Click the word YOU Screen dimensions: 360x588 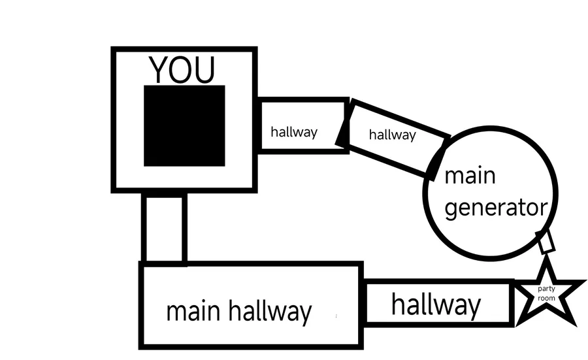pos(182,70)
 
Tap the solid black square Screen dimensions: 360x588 pos(184,125)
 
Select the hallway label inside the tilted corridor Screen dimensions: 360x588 pos(392,135)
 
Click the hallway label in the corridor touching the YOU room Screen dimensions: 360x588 pos(294,132)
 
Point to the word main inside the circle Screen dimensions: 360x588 pos(469,176)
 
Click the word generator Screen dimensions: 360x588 pos(495,208)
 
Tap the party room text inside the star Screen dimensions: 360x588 pos(546,293)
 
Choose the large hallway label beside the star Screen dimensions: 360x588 pos(436,304)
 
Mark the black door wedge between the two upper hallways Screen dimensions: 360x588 pos(343,133)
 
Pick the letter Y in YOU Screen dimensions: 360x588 pos(159,70)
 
